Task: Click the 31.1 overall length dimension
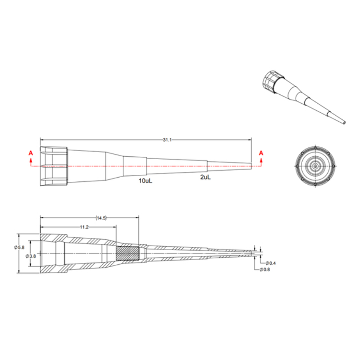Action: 167,140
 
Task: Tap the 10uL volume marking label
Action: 145,181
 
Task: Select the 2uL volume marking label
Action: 206,177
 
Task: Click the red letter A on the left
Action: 31,153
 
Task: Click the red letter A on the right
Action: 261,153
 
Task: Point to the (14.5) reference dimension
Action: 101,218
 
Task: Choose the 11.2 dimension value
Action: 84,227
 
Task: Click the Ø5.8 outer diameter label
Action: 19,247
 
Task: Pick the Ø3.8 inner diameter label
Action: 31,256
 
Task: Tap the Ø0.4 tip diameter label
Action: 270,263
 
